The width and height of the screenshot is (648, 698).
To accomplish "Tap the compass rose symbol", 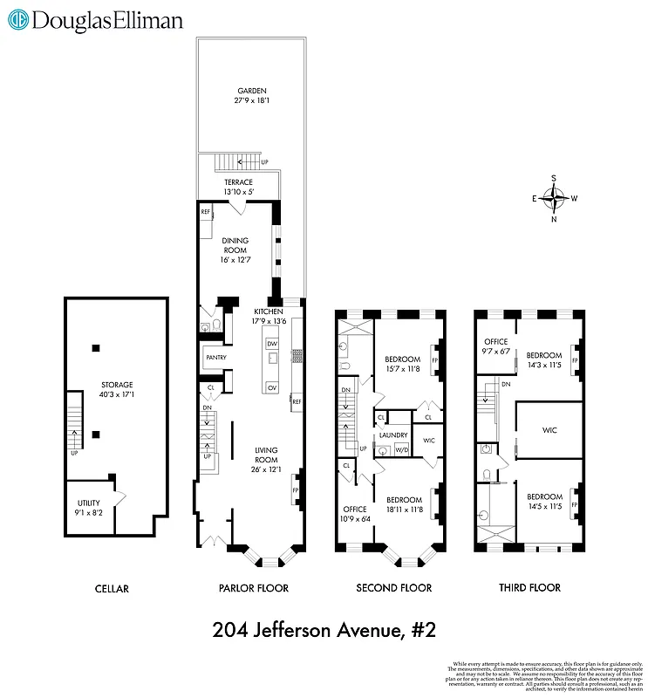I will tap(553, 198).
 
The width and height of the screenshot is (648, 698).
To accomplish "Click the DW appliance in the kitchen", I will tap(272, 345).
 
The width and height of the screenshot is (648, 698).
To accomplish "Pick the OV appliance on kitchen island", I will tap(272, 387).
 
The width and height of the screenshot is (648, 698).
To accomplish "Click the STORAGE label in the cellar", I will tap(116, 390).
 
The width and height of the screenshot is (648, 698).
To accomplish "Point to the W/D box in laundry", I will tap(402, 450).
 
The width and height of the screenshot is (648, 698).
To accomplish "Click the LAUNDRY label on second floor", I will tap(393, 434).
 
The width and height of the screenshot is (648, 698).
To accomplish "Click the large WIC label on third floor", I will tap(549, 430).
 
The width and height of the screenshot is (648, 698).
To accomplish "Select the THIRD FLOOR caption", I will tap(530, 588).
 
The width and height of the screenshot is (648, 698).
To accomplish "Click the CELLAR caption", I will tap(111, 589).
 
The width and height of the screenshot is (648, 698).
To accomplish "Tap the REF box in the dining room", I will tap(206, 212).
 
